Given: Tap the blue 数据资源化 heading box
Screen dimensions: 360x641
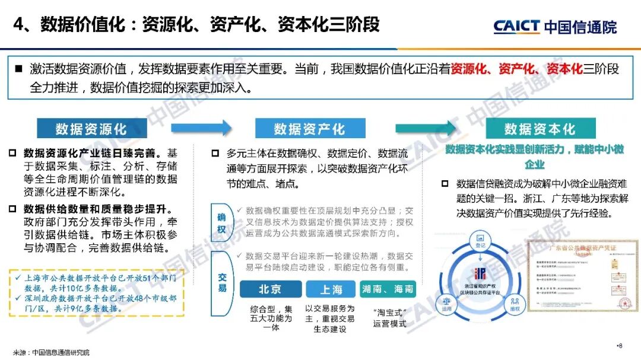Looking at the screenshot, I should coord(91,129).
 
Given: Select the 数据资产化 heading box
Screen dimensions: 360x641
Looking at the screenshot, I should coord(309,129).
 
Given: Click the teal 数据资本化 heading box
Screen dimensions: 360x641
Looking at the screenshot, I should coord(540,129).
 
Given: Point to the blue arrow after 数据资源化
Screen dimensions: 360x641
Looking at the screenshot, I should coord(201,128).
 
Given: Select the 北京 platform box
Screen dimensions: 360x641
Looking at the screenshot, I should coord(270,289).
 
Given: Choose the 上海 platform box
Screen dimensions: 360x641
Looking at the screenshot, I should coord(331,289).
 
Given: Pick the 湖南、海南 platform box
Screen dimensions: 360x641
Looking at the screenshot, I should coord(388,289).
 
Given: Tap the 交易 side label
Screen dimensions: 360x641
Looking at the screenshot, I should coord(221,282).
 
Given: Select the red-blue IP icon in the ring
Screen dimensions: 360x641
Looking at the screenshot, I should coord(480,273).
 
